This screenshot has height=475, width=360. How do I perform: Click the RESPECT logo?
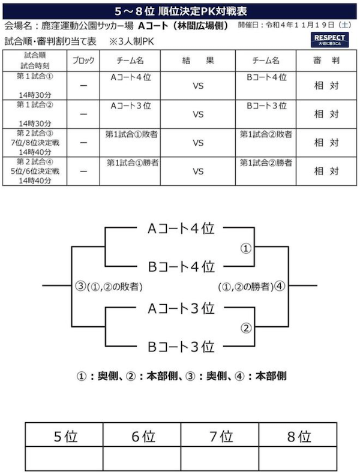tap(329, 40)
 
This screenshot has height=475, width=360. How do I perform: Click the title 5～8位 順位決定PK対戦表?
tap(181, 11)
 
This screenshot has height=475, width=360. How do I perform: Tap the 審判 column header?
tap(326, 61)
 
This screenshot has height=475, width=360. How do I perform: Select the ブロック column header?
tap(83, 61)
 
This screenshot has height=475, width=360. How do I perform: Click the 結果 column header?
tap(198, 61)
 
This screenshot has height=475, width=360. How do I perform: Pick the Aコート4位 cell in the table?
tap(131, 77)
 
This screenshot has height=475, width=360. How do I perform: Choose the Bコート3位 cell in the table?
tap(266, 106)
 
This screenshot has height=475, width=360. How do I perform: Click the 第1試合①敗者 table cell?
tap(131, 134)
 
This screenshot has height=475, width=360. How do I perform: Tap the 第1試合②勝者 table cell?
tap(266, 163)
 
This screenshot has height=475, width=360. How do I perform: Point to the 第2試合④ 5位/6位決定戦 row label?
tap(35, 171)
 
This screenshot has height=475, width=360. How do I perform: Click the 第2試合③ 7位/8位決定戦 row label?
tap(35, 143)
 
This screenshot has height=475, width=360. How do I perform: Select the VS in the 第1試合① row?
tap(198, 86)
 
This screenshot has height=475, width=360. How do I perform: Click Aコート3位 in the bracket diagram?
tap(181, 308)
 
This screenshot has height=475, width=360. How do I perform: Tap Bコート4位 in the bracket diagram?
tap(181, 266)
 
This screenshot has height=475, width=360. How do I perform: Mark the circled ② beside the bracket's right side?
tap(246, 328)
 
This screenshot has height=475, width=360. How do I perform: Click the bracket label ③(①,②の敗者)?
tap(109, 286)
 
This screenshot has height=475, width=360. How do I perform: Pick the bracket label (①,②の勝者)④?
tap(251, 286)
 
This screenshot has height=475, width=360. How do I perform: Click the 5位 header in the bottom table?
tap(65, 437)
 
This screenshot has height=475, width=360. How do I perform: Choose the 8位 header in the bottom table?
tap(299, 437)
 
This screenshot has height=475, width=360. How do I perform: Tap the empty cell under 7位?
tap(220, 459)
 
